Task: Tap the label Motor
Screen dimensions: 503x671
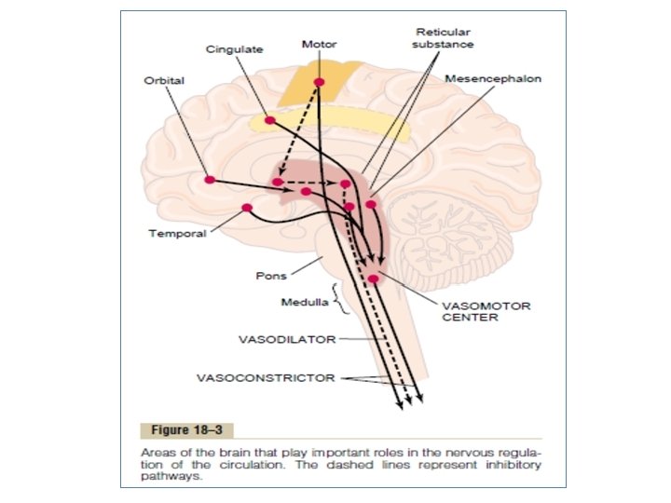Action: [320, 43]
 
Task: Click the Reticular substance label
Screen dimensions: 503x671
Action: [443, 38]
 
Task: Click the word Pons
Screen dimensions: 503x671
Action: [270, 276]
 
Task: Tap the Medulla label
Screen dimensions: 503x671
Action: [303, 303]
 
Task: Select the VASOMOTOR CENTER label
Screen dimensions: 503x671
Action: [470, 310]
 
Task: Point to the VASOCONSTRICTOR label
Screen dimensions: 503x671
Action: [266, 378]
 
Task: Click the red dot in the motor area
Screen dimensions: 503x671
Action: [320, 83]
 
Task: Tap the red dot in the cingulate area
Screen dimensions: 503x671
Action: [269, 120]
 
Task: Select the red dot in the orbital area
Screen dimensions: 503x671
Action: [210, 179]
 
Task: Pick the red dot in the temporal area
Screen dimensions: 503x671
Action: [247, 208]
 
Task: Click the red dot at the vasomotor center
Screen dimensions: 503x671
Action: [374, 279]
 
